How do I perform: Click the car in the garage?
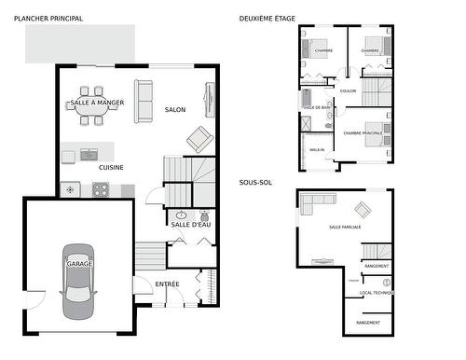pyautogui.click(x=78, y=279)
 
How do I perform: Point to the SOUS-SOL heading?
pyautogui.click(x=253, y=182)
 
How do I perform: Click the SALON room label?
pyautogui.click(x=175, y=109)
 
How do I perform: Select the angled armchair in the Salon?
pyautogui.click(x=199, y=139)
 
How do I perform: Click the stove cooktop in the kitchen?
pyautogui.click(x=100, y=189)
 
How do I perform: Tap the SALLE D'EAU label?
pyautogui.click(x=191, y=225)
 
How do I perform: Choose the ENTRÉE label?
pyautogui.click(x=168, y=283)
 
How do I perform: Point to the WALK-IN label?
pyautogui.click(x=316, y=149)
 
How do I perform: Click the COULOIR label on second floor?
pyautogui.click(x=348, y=90)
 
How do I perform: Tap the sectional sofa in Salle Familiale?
pyautogui.click(x=314, y=202)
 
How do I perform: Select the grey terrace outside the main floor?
pyautogui.click(x=79, y=43)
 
